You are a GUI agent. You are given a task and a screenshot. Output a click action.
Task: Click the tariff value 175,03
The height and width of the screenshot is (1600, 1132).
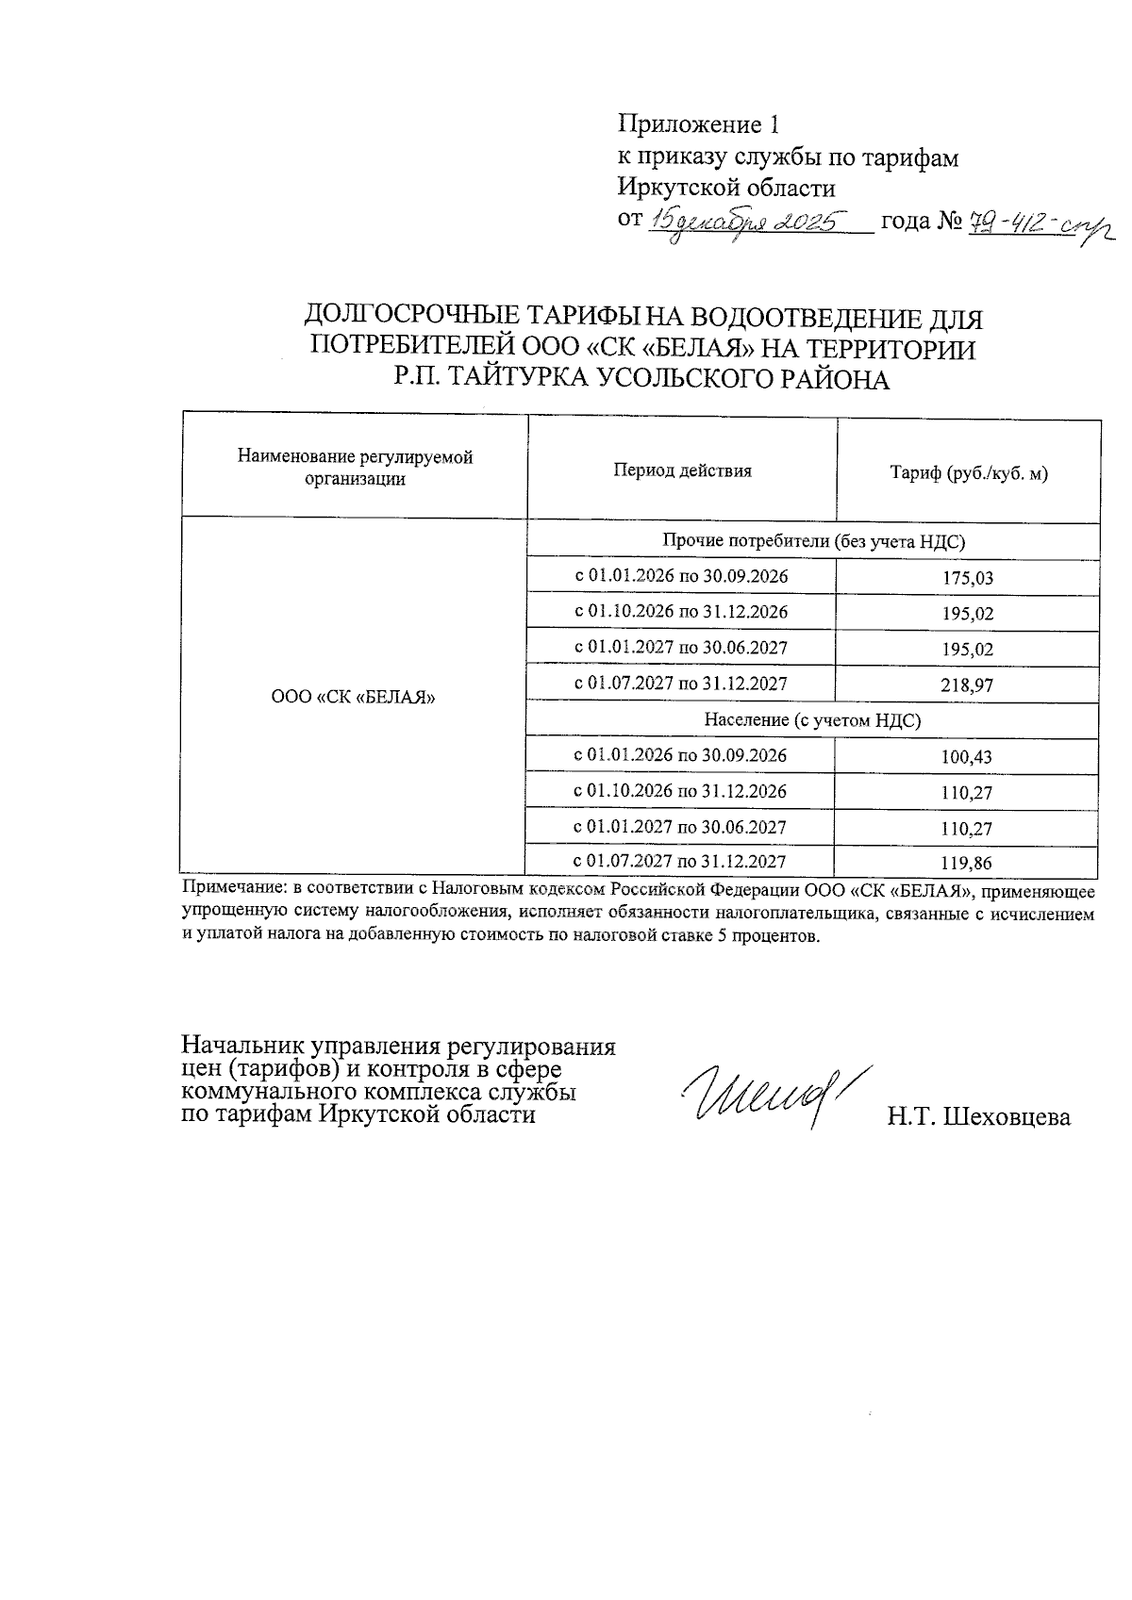coord(968,578)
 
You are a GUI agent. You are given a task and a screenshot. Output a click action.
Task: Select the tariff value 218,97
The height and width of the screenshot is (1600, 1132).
coord(968,685)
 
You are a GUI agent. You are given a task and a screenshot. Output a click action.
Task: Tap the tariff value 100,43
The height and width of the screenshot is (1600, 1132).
coord(968,756)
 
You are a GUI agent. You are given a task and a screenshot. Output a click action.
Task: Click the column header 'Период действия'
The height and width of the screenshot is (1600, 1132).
coord(682,470)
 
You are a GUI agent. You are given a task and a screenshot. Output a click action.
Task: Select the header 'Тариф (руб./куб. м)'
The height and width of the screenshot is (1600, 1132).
coord(969,473)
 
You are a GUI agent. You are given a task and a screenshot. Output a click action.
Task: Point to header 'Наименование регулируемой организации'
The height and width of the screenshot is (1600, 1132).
coord(355,468)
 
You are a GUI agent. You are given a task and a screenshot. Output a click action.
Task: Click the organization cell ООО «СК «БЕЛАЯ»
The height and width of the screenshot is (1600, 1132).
coord(353,698)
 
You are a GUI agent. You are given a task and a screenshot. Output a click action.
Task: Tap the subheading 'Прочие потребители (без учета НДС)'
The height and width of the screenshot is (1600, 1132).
coord(813,540)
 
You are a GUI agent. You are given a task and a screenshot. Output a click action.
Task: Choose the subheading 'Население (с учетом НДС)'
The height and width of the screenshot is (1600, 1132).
coord(812,720)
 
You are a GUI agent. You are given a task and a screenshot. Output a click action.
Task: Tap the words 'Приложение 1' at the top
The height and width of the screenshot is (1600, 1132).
coord(699,124)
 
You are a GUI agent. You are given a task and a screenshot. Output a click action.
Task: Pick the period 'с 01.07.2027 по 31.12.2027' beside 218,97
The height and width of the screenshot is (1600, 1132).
coord(681,684)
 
